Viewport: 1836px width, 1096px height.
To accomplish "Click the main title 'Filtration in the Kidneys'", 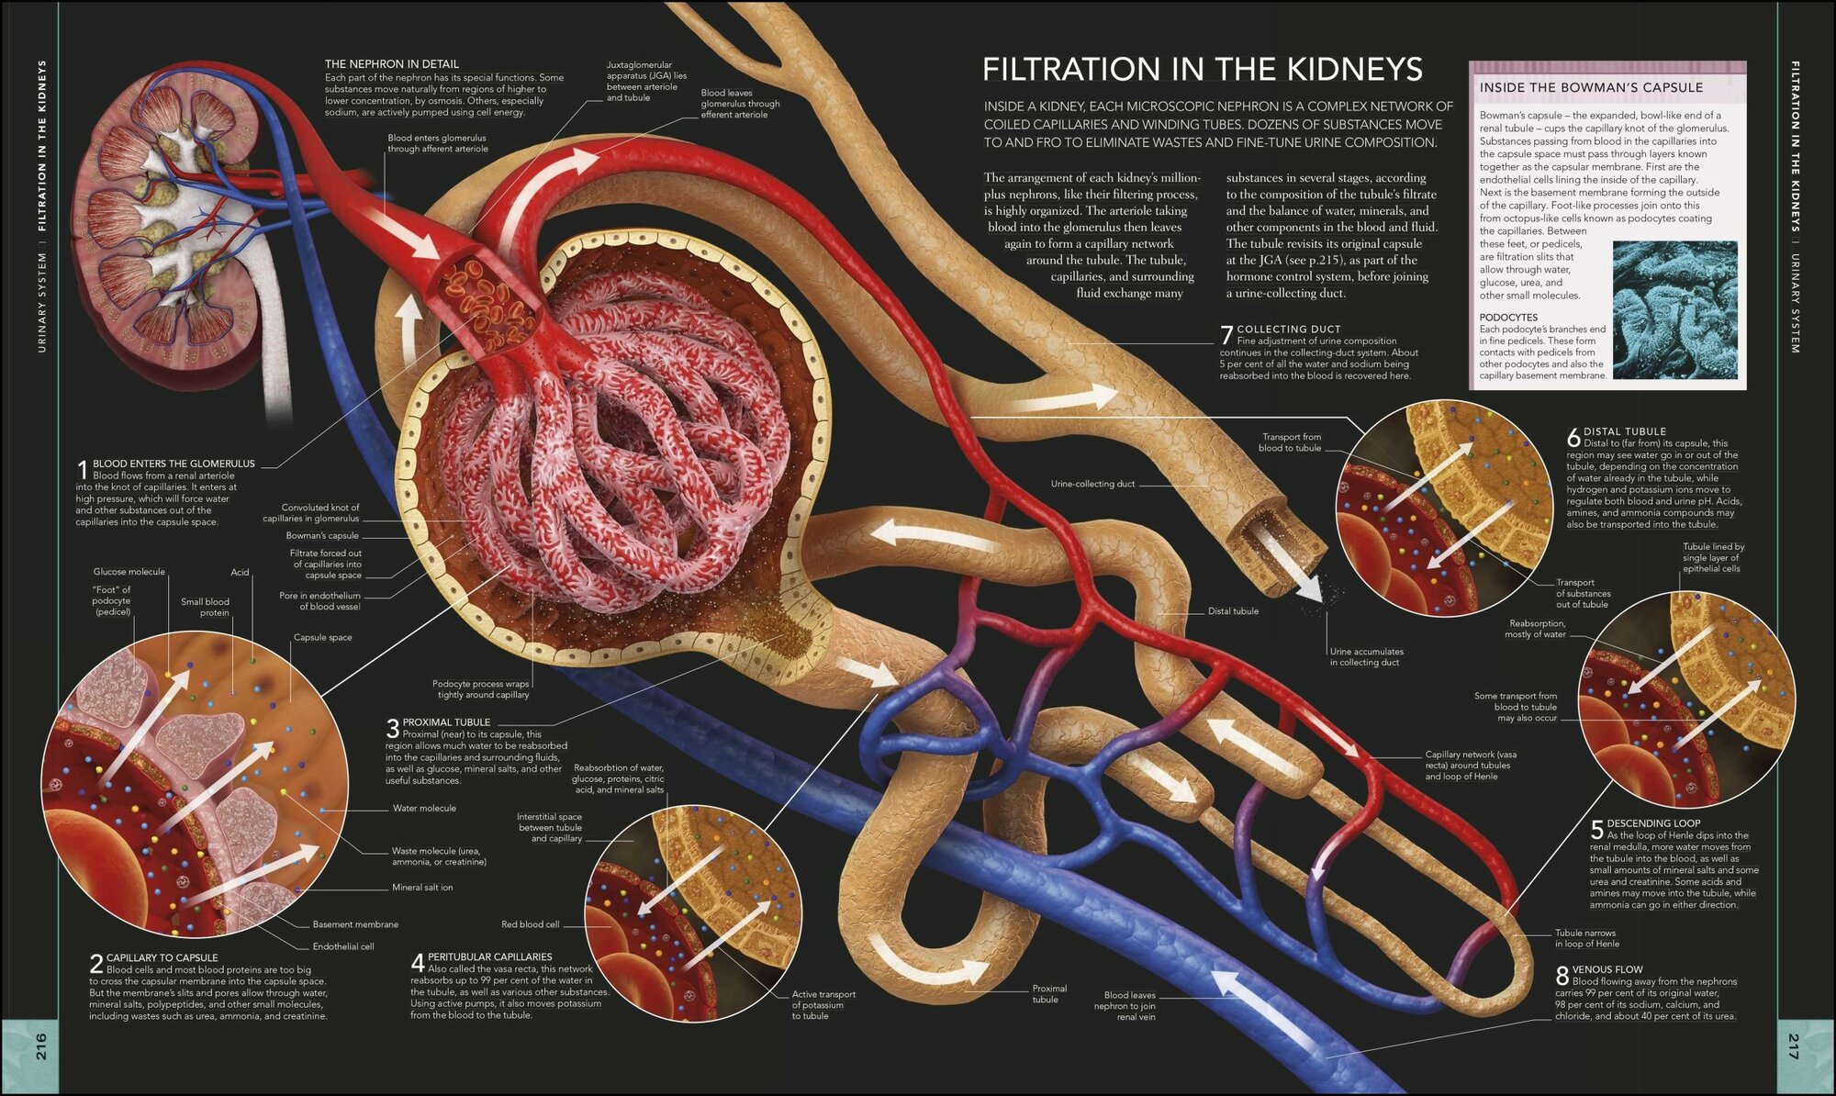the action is point(1203,70).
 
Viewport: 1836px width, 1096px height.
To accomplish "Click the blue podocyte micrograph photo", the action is point(1675,309).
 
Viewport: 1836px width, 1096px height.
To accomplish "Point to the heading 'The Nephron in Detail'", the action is point(392,64).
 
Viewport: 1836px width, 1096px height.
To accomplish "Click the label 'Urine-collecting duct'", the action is point(1092,484).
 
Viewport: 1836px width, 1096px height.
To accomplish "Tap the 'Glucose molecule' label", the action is point(129,572).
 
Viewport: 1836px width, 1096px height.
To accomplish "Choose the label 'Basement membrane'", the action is point(355,924).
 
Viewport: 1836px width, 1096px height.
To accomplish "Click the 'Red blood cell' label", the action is point(530,924).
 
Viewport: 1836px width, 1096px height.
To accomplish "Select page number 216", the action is point(41,1046).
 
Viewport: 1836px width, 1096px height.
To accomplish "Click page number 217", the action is point(1794,1046).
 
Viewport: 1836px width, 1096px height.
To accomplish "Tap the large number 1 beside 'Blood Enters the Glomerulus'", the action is point(82,469).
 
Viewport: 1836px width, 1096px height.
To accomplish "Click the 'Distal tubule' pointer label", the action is point(1233,611).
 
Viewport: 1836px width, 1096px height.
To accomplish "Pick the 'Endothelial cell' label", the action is point(343,946).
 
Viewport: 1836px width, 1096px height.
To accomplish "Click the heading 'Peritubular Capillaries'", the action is point(490,956).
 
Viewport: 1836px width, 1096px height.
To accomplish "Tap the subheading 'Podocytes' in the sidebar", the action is point(1508,318).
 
